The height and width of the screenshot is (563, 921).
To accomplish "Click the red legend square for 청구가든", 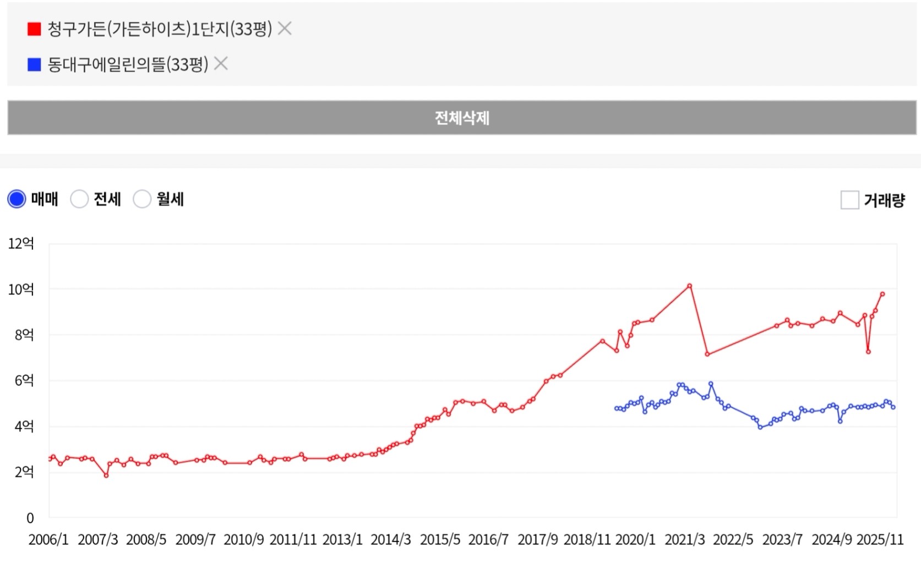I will click(34, 29).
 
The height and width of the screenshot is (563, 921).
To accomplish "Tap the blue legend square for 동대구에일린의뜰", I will click(34, 65).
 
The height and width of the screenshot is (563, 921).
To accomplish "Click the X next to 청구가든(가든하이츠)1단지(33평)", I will click(285, 28).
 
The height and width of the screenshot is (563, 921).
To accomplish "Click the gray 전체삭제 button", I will click(461, 118).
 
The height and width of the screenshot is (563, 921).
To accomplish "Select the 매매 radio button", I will click(17, 199).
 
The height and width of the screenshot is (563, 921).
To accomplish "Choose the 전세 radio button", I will click(79, 199).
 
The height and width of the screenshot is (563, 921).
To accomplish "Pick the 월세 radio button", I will click(142, 199).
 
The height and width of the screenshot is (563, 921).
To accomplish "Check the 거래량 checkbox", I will click(849, 200).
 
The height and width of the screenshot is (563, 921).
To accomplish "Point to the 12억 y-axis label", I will click(21, 243).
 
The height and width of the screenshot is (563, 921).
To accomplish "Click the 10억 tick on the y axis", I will click(21, 289).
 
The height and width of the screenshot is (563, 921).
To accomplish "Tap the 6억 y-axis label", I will click(24, 380).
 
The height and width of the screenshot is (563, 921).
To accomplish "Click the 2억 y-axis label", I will click(24, 472).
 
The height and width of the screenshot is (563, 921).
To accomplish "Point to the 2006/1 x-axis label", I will click(48, 540).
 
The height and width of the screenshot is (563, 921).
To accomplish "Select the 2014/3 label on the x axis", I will click(391, 540).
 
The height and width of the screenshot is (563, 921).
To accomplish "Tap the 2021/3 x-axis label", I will click(685, 540).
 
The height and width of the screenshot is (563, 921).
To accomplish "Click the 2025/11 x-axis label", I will click(880, 540).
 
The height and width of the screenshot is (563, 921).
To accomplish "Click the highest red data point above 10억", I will click(689, 286).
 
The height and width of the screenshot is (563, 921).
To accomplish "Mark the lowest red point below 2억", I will click(106, 475).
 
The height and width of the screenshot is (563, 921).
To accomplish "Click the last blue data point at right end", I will click(893, 407).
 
